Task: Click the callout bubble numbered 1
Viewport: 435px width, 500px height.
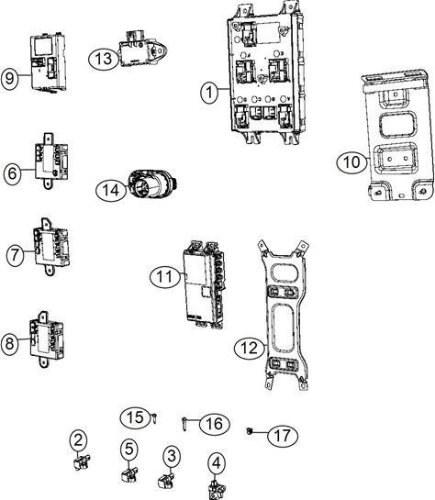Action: [x=209, y=92]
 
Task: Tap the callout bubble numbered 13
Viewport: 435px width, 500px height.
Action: [x=104, y=59]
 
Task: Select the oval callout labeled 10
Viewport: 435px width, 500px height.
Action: [x=351, y=162]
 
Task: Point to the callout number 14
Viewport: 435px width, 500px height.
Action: [x=111, y=191]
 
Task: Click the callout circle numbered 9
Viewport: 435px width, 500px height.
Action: [x=9, y=78]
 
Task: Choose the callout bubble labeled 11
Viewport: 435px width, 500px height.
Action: [x=164, y=276]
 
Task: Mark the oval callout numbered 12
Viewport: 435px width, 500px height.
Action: [x=250, y=348]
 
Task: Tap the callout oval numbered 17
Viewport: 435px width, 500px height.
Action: [x=283, y=436]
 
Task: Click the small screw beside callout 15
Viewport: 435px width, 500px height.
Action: [x=155, y=417]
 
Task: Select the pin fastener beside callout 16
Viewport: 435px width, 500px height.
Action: [x=184, y=424]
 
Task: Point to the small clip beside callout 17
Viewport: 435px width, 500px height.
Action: [x=250, y=431]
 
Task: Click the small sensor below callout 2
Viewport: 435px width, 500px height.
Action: [x=82, y=462]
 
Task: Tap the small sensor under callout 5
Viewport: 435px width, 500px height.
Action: [x=129, y=474]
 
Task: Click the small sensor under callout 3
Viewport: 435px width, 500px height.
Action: [x=166, y=481]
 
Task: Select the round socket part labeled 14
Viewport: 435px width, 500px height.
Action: [x=152, y=184]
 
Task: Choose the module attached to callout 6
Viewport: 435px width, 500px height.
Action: [x=51, y=161]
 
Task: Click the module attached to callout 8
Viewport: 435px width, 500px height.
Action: [x=47, y=339]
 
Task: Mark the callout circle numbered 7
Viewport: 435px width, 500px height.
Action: [x=15, y=255]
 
